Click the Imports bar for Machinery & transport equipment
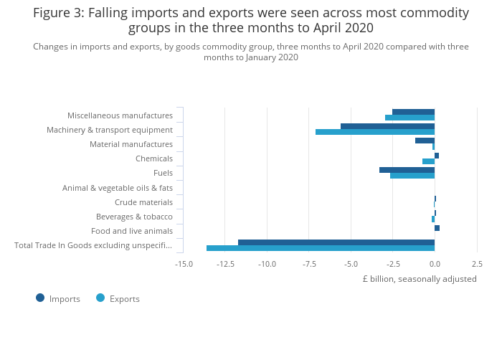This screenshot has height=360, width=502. (387, 127)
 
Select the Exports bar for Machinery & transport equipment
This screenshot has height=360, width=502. (375, 133)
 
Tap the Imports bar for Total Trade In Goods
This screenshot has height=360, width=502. (336, 242)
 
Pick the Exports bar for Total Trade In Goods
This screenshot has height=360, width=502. (321, 248)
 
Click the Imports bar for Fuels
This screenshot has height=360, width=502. (407, 170)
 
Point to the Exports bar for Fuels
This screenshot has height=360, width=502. (412, 176)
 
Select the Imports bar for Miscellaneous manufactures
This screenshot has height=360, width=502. (413, 112)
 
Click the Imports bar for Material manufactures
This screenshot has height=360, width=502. (425, 141)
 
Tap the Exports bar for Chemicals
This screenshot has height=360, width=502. (428, 161)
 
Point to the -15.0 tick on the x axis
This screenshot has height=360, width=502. (184, 264)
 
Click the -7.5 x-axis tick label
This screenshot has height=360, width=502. (309, 264)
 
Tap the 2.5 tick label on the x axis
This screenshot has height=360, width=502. (477, 264)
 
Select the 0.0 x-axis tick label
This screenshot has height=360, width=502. (435, 264)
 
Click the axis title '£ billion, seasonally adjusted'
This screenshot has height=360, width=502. (420, 279)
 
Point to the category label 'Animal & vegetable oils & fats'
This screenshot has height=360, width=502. (118, 188)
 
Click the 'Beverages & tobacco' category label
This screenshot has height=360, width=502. (134, 217)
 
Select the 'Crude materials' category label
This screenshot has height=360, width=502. (143, 202)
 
